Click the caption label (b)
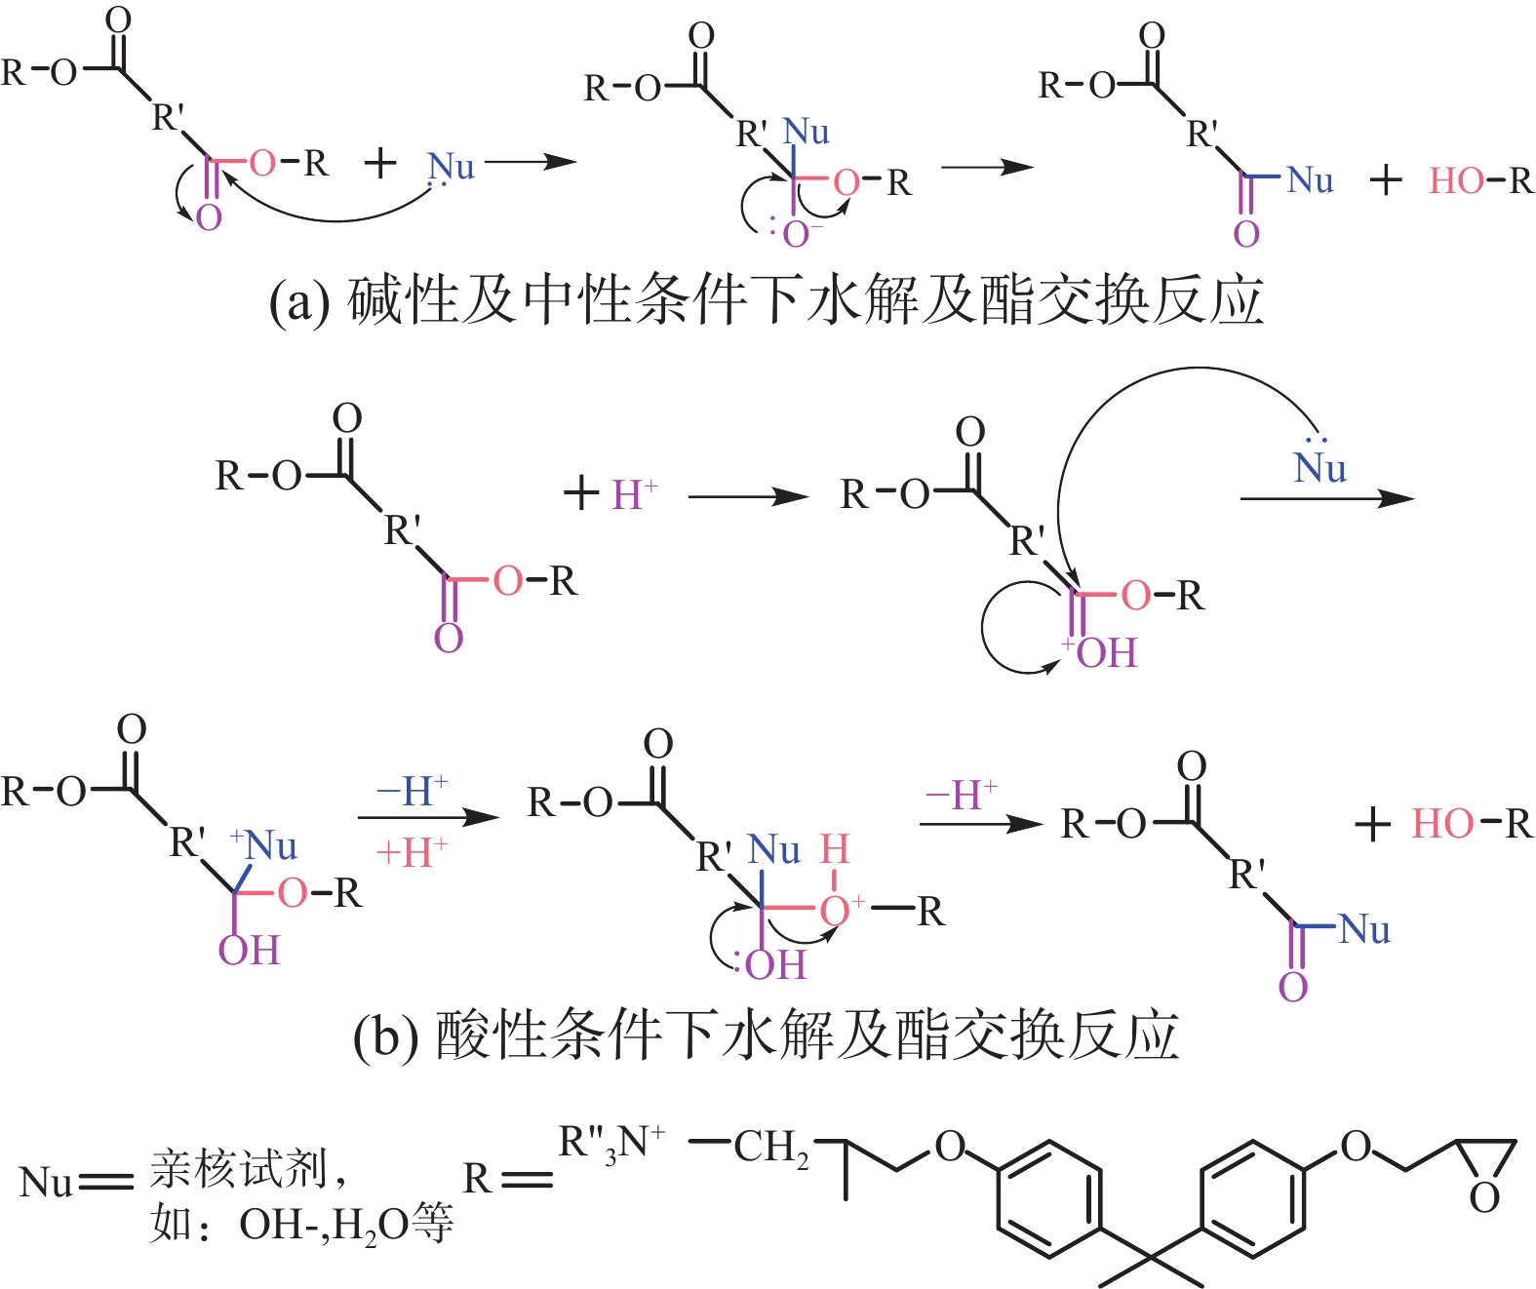click(x=386, y=1036)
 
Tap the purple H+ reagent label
click(x=635, y=493)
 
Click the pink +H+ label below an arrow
click(x=412, y=853)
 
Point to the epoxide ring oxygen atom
click(x=1483, y=1198)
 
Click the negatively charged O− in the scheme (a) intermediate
click(x=801, y=234)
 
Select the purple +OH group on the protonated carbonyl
click(x=1099, y=652)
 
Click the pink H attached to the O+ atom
click(x=835, y=849)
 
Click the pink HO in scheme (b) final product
click(x=1441, y=823)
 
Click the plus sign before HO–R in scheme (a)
click(x=1386, y=180)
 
